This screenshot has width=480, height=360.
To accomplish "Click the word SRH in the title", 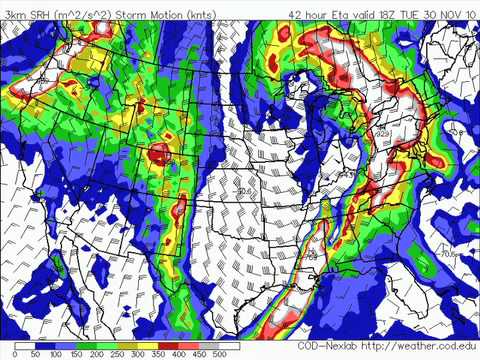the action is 33,14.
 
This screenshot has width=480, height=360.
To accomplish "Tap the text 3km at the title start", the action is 12,14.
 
